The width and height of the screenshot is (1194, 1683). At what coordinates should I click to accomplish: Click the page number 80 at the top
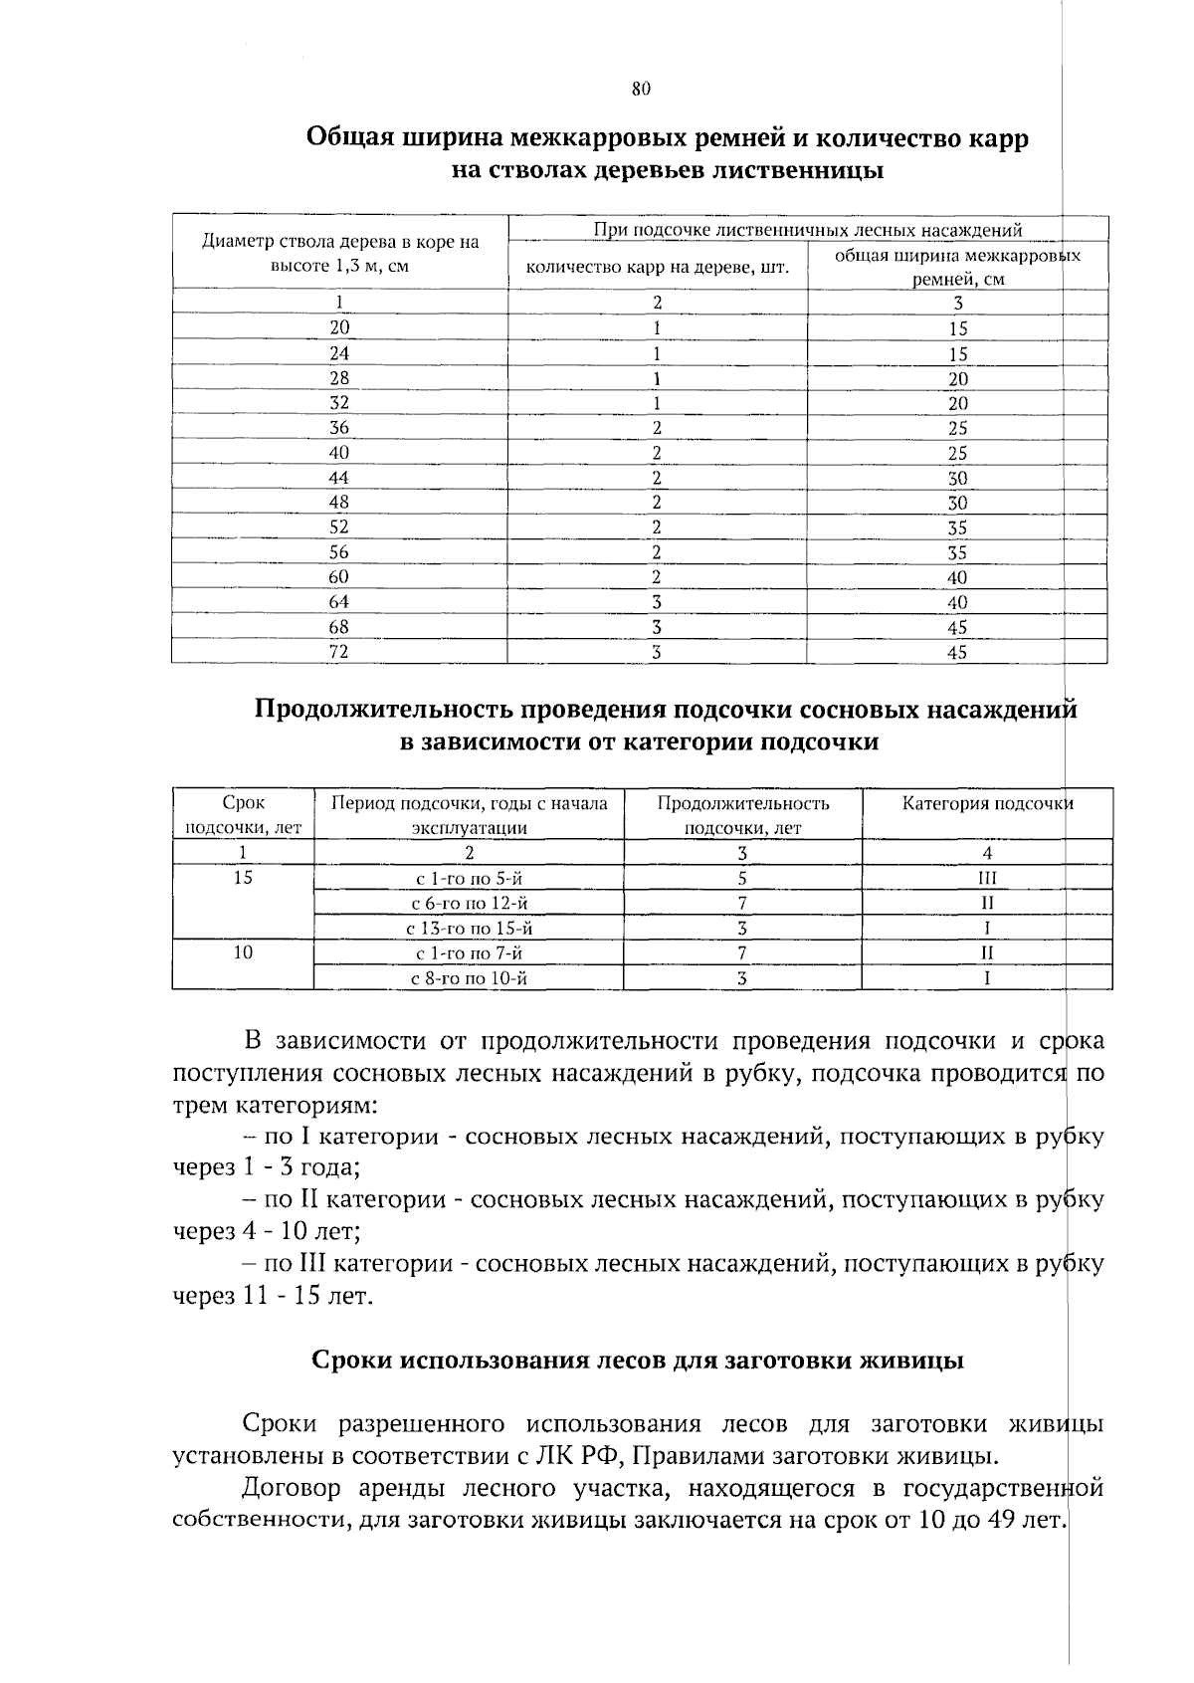pyautogui.click(x=641, y=89)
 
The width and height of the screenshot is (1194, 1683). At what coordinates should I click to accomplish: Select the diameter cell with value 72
pyautogui.click(x=339, y=652)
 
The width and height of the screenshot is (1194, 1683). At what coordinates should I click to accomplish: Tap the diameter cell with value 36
pyautogui.click(x=339, y=428)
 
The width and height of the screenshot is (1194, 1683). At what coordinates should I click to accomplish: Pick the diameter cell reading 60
pyautogui.click(x=339, y=577)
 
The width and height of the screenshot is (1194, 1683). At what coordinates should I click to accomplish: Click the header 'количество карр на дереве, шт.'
pyautogui.click(x=658, y=267)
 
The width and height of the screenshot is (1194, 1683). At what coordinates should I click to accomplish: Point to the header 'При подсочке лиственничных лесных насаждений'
pyautogui.click(x=808, y=231)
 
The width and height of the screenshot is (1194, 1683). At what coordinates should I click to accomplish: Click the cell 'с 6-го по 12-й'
pyautogui.click(x=469, y=904)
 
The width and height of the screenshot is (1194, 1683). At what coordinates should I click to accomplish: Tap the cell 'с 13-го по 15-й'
pyautogui.click(x=469, y=929)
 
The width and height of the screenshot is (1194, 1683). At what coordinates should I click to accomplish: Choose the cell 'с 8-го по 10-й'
pyautogui.click(x=469, y=978)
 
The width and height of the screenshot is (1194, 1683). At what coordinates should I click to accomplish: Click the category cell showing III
pyautogui.click(x=987, y=878)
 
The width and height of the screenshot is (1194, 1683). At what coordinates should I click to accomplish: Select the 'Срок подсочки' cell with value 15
pyautogui.click(x=243, y=878)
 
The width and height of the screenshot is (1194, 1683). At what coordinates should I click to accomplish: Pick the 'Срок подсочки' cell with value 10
pyautogui.click(x=243, y=952)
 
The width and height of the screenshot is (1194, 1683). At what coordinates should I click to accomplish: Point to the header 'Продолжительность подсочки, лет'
pyautogui.click(x=742, y=815)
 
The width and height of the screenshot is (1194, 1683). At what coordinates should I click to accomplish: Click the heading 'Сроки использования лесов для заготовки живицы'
pyautogui.click(x=638, y=1361)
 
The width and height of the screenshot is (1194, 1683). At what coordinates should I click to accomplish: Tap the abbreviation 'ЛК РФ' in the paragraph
pyautogui.click(x=579, y=1457)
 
